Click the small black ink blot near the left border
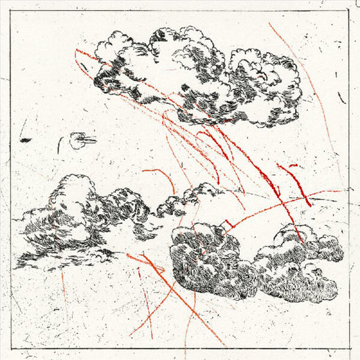coord(26,140)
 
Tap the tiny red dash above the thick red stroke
coord(292,164)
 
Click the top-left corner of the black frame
coord(11,11)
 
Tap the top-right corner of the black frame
coord(349,11)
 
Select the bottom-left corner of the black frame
coord(11,349)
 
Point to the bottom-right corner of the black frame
coord(349,349)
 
